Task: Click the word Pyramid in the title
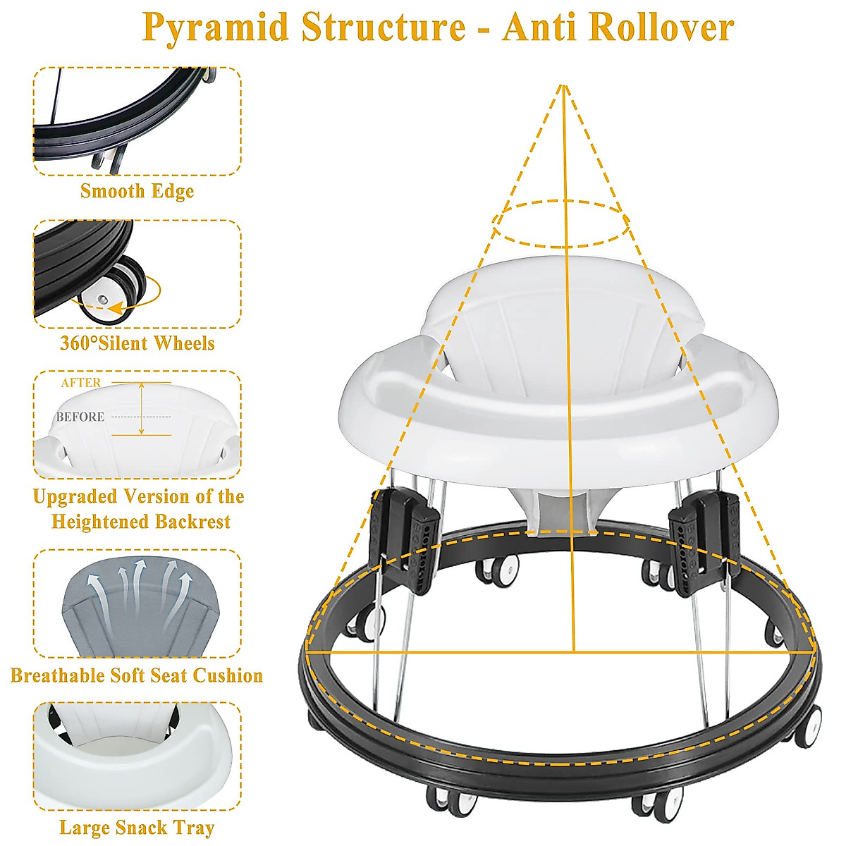point(214,28)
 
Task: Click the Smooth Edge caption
point(137,191)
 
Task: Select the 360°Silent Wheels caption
point(137,343)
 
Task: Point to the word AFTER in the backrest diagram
point(80,383)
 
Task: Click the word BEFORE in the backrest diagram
point(80,417)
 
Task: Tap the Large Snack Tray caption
point(137,828)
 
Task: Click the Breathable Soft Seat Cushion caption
point(137,675)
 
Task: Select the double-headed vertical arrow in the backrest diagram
point(142,408)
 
